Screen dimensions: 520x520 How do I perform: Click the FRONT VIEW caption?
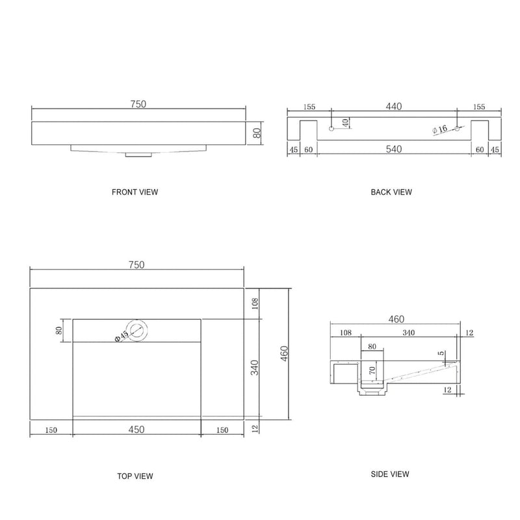(135, 192)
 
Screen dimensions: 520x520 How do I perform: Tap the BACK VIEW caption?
(391, 192)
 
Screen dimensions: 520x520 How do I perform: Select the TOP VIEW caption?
(135, 476)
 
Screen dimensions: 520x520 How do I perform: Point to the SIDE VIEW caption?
(389, 474)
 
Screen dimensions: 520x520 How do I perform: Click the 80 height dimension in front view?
(257, 133)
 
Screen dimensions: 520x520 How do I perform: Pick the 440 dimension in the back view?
(394, 106)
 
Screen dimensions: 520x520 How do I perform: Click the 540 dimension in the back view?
(394, 149)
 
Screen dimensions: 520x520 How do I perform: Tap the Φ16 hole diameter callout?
(440, 129)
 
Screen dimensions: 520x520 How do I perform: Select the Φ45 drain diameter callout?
(121, 336)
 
